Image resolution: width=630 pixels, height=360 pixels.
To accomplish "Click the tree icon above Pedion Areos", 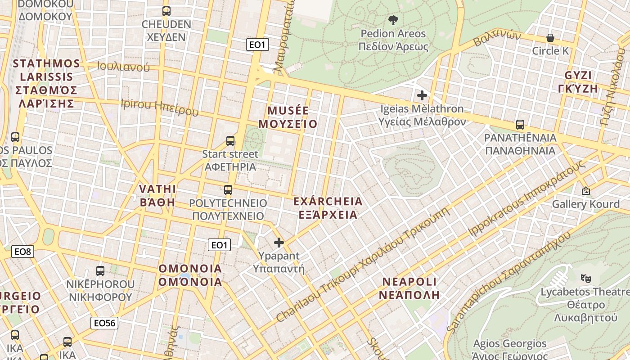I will (393, 20).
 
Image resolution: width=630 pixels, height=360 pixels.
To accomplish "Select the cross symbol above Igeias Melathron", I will (422, 95).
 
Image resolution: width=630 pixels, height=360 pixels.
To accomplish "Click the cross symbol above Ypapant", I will (279, 243).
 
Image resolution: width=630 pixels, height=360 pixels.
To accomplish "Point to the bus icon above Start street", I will (230, 141).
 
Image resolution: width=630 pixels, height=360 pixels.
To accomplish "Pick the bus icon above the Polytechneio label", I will (228, 190).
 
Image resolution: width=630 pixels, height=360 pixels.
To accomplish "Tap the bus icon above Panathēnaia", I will (520, 125).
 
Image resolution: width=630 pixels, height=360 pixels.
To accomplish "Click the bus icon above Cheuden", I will (166, 11).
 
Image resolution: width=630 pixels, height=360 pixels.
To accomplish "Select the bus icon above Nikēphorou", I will (100, 271).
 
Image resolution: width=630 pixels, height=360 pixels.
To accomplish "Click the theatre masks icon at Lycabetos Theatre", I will (585, 279).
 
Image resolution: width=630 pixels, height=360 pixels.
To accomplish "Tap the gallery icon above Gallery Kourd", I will (585, 191).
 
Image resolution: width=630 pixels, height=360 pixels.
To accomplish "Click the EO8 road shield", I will (22, 252).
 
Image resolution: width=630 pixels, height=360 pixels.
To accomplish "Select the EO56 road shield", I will (104, 323).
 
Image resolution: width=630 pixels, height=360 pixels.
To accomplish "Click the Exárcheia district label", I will (328, 207).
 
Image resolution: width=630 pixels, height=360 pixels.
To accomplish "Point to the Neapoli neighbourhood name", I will (409, 288).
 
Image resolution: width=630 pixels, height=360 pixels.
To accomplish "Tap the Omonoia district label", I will (190, 275).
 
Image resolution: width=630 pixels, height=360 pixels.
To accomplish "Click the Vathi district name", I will (157, 195).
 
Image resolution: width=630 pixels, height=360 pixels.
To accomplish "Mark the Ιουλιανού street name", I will (123, 67).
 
